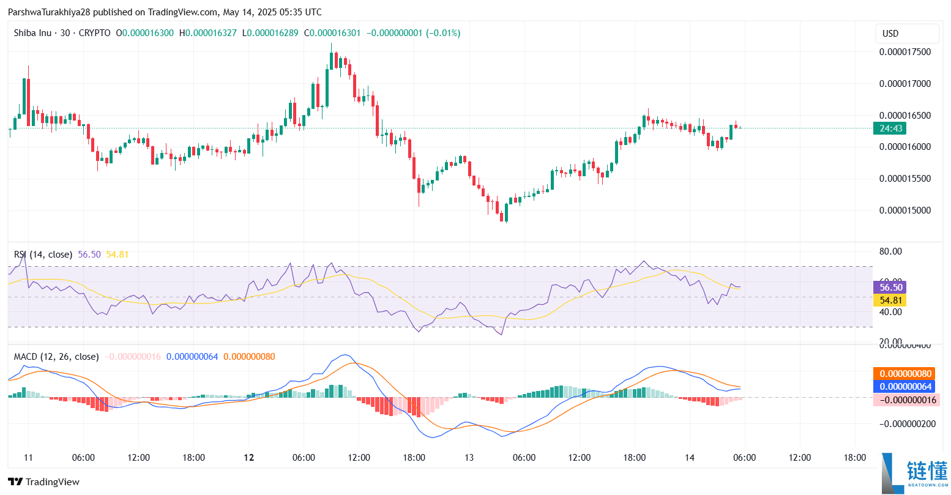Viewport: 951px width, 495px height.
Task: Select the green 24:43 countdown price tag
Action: [x=890, y=128]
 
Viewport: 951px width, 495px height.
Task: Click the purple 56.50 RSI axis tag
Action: [x=890, y=288]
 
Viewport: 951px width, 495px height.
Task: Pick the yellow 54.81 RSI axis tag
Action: [x=890, y=300]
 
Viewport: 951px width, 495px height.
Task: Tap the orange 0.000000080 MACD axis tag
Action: [x=905, y=374]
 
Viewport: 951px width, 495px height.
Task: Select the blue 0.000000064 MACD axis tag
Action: [x=905, y=387]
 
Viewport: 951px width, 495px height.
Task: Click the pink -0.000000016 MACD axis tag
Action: [x=905, y=400]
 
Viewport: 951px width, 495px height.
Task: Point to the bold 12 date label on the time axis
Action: [x=248, y=458]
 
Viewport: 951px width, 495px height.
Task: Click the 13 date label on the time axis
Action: [x=469, y=458]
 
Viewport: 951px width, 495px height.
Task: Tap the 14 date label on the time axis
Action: [x=689, y=458]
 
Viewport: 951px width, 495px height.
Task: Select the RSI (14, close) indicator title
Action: [x=43, y=255]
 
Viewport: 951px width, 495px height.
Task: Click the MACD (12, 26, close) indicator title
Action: [x=56, y=357]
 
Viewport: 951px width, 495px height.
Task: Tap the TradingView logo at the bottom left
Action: [x=43, y=482]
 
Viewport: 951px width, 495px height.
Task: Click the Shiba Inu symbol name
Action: [x=32, y=33]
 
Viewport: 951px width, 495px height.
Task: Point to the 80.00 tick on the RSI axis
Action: [x=890, y=251]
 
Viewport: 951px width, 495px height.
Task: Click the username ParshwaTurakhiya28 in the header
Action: [x=49, y=12]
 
